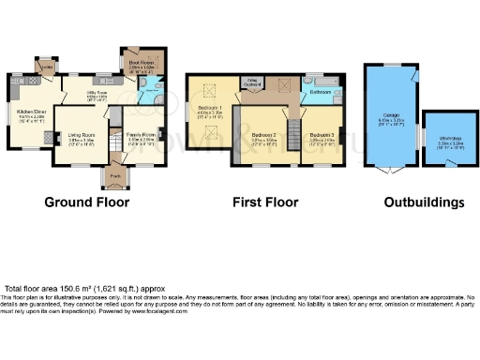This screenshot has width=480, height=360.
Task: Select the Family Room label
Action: coord(142,137)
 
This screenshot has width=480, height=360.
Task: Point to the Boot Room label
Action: coord(142,65)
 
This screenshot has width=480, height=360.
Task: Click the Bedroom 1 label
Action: coord(210,110)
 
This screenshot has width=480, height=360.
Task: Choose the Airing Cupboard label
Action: coord(252,82)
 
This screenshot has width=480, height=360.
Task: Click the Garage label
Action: coord(389,119)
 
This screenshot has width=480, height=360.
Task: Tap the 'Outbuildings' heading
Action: coord(425,202)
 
